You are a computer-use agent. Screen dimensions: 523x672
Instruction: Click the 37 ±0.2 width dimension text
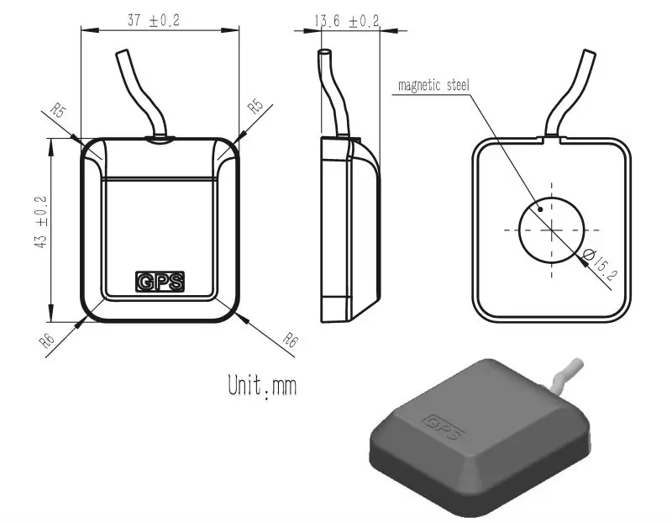tap(153, 21)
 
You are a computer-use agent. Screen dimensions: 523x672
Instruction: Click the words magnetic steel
tap(433, 85)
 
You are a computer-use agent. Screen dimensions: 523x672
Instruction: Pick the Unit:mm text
tap(262, 386)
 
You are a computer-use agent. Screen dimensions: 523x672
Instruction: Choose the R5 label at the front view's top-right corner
tap(255, 106)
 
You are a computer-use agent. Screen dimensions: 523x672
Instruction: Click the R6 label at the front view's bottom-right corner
tap(290, 341)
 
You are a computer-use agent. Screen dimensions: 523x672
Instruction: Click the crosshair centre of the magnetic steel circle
tap(551, 229)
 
